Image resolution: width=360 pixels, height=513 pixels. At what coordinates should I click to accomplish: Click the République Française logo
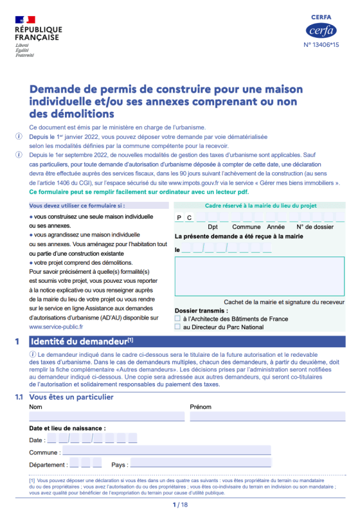click(x=38, y=36)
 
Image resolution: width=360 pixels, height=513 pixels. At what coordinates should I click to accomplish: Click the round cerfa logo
click(x=321, y=30)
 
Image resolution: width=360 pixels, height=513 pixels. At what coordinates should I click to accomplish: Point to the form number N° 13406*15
click(x=321, y=45)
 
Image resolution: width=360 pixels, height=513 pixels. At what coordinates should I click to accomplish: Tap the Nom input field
click(x=106, y=417)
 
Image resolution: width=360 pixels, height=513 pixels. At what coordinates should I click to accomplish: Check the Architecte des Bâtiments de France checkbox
click(x=178, y=318)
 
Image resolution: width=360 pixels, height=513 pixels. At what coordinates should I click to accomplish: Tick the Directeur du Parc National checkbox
click(x=178, y=327)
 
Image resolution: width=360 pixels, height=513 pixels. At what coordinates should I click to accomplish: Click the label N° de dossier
click(x=315, y=227)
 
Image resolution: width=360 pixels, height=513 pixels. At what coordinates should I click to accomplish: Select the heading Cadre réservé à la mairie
click(x=260, y=206)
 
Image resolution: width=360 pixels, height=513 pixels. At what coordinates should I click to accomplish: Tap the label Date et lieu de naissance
click(x=67, y=428)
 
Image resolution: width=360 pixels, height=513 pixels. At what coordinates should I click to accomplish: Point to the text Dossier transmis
click(x=202, y=310)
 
